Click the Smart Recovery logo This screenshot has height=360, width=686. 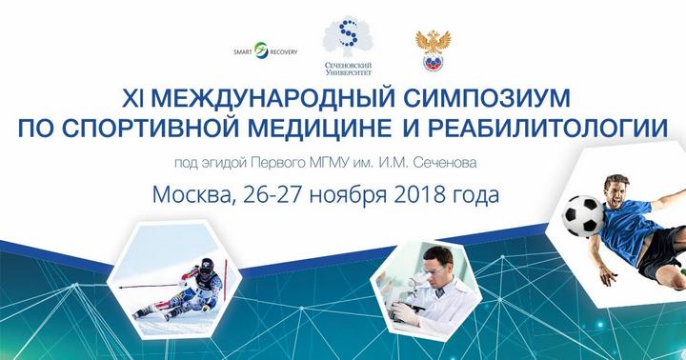pos(266,51)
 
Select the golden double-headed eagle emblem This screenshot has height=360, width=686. pos(433,50)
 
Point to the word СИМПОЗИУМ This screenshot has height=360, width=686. pos(487,98)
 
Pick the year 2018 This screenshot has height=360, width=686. pos(415,194)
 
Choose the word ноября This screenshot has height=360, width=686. pos(348,196)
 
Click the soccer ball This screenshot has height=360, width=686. pos(582,216)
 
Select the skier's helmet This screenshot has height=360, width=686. pos(207,267)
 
